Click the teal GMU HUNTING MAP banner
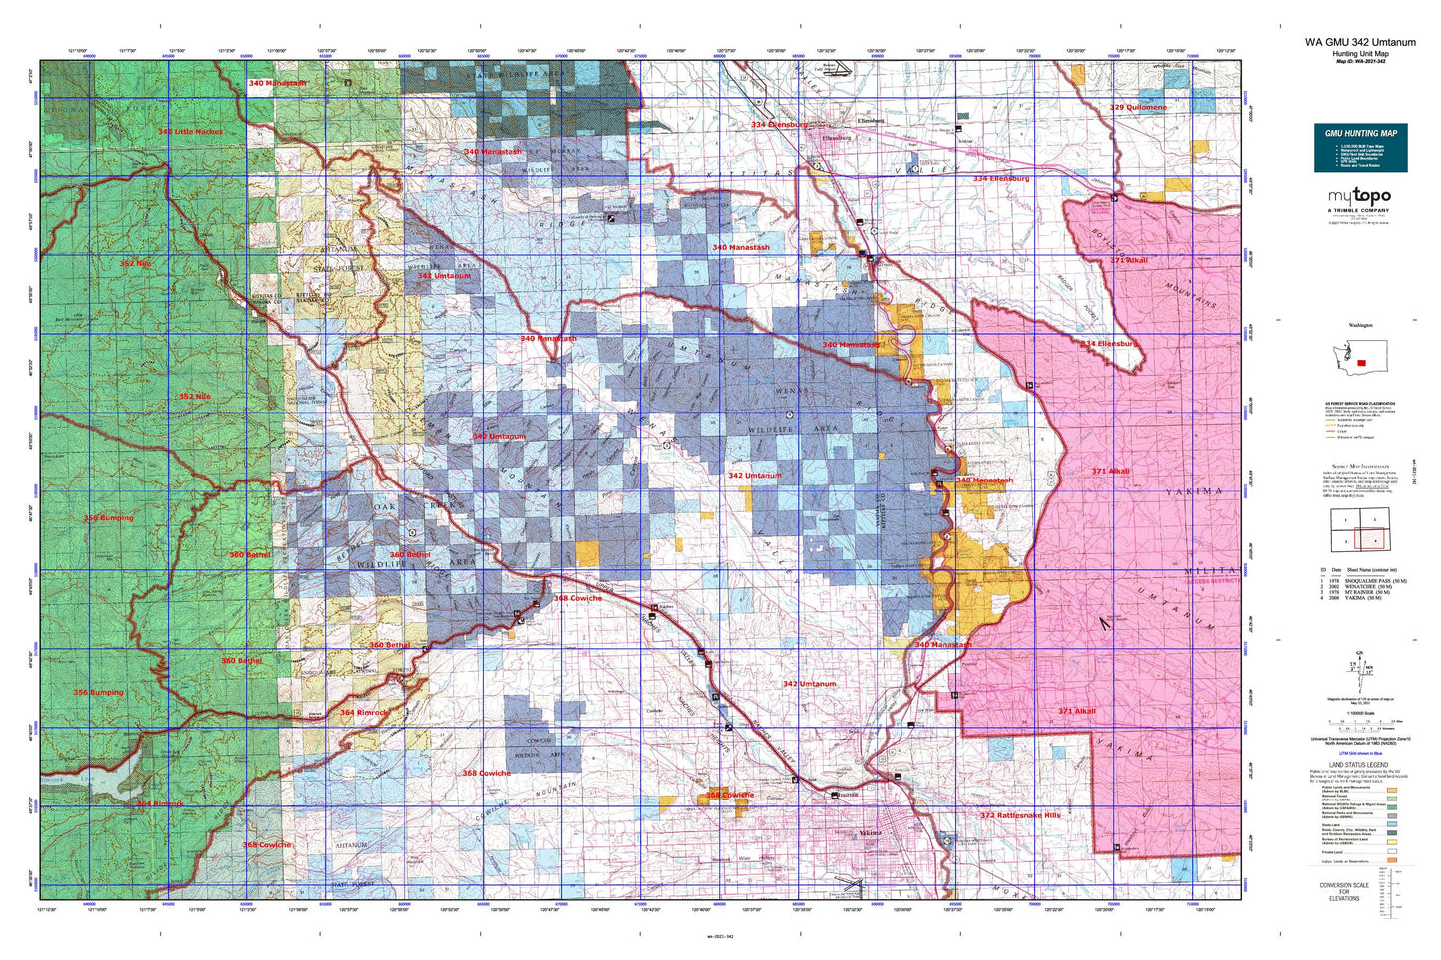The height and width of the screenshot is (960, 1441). click(1360, 133)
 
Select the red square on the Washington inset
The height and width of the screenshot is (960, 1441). click(1362, 363)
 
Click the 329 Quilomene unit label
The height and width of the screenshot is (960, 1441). click(1138, 107)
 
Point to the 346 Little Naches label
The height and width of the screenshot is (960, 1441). click(189, 131)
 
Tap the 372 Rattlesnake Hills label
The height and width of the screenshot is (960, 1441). click(1020, 815)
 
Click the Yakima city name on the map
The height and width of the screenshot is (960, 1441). click(870, 832)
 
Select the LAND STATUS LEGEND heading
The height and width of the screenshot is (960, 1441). click(1359, 764)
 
